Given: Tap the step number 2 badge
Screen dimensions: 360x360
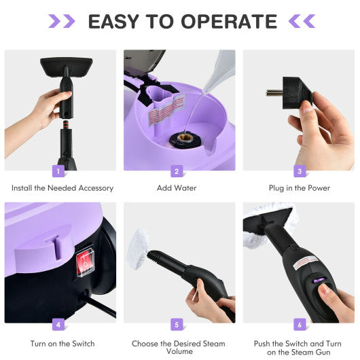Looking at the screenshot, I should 177,172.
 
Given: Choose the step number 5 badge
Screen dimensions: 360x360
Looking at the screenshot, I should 177,325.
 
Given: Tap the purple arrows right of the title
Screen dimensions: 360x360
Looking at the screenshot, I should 302,22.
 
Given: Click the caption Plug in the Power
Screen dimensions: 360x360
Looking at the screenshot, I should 298,188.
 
